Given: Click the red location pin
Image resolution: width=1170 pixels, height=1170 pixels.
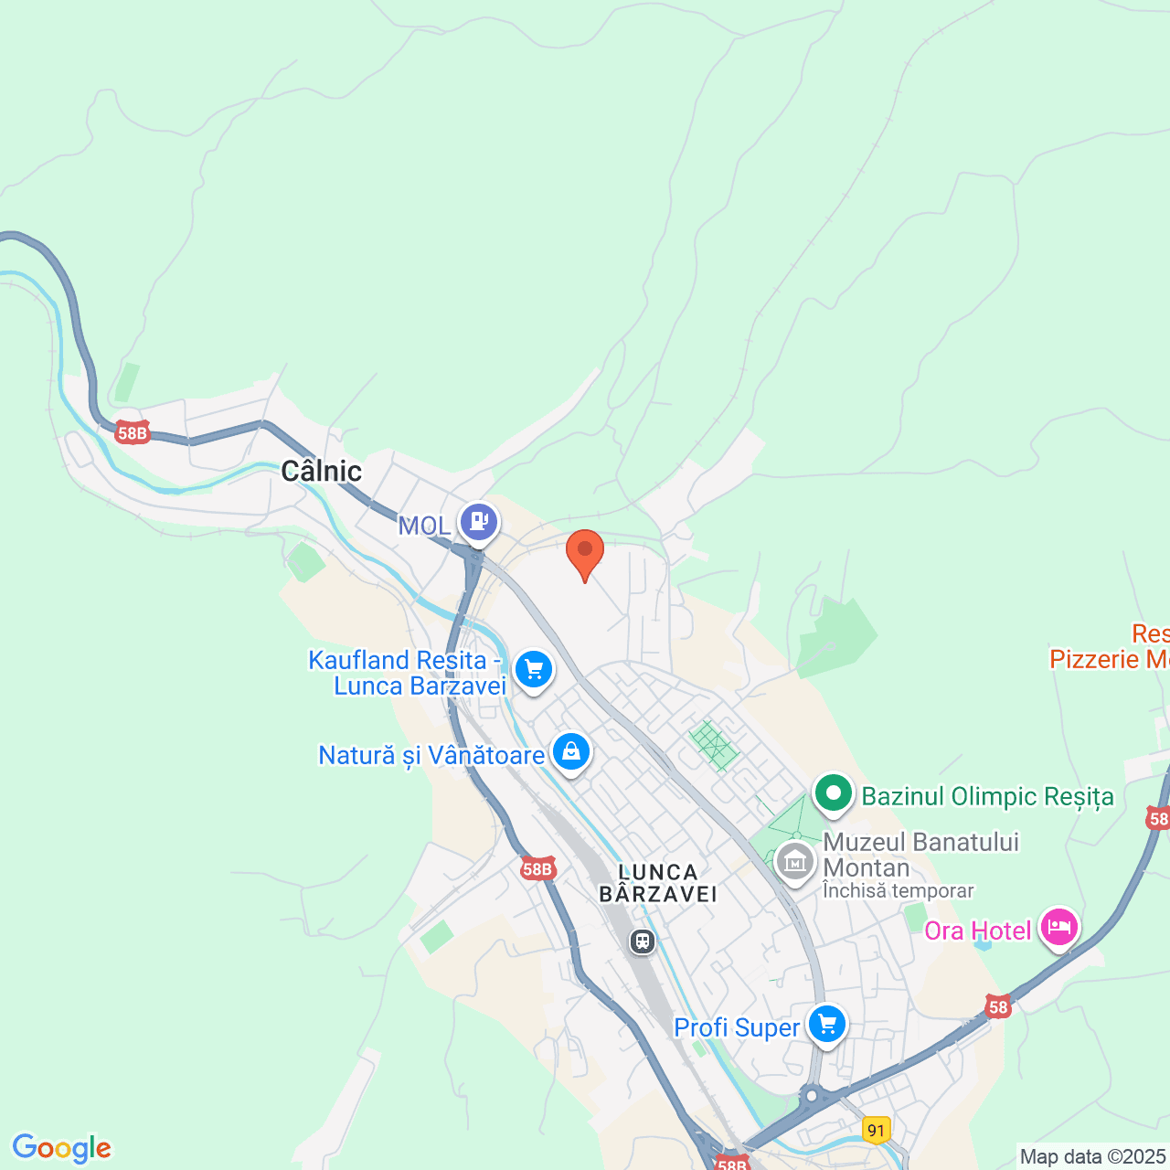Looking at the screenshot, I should tap(585, 552).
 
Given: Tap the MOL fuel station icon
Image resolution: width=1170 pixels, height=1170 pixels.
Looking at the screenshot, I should tap(479, 522).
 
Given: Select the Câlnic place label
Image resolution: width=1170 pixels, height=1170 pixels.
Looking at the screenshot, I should tap(321, 471).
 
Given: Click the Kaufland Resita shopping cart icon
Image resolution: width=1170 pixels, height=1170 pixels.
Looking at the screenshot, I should tap(534, 669).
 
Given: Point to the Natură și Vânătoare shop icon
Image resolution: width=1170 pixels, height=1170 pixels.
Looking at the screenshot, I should tap(571, 752).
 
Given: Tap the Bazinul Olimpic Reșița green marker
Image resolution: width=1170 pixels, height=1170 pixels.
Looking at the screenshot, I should tap(833, 793).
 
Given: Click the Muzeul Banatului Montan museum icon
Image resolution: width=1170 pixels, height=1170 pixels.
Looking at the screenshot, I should tap(795, 861).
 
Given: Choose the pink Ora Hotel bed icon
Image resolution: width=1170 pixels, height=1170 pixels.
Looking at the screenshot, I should tap(1059, 928).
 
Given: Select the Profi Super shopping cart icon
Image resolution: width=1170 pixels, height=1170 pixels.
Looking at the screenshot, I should tap(827, 1025).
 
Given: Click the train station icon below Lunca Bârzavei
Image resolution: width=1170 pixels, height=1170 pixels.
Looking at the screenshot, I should tap(643, 941).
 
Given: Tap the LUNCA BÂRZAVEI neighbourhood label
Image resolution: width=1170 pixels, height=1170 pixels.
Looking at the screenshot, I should tap(658, 883).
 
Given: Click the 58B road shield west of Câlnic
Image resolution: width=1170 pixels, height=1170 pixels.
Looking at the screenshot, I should tap(133, 433).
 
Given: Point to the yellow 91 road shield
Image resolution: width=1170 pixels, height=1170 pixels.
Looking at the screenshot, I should tap(877, 1131).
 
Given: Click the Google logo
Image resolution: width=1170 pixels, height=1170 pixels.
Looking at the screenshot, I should tap(62, 1148).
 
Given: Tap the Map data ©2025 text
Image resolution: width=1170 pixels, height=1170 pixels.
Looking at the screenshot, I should tap(1093, 1157).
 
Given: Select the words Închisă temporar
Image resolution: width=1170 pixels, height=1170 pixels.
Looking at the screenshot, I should tap(898, 890).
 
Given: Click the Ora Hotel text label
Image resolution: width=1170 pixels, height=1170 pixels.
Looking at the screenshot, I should tap(977, 931).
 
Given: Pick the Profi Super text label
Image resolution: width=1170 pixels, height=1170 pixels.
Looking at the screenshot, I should tap(737, 1027).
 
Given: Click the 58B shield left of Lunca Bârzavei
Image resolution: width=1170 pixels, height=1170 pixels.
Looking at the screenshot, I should tap(537, 869).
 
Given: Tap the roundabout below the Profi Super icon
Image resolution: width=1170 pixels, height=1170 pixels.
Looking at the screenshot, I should tap(811, 1094).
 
